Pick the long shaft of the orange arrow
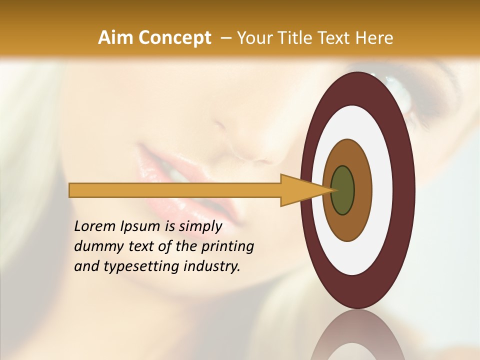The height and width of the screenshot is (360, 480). click(x=175, y=190)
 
